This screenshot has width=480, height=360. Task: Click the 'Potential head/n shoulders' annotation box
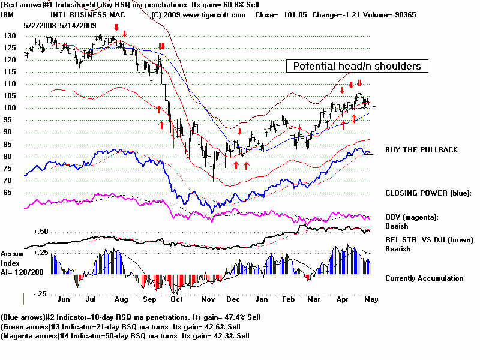point(357,67)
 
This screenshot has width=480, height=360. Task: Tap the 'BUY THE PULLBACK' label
point(421,149)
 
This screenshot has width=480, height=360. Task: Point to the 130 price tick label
point(8,36)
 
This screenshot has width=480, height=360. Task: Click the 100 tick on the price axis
point(8,108)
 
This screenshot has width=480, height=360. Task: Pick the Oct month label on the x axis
point(176,299)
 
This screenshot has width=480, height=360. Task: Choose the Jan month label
point(262,299)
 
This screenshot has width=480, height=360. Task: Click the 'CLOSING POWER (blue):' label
point(428,193)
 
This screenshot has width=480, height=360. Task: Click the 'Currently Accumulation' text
point(424,278)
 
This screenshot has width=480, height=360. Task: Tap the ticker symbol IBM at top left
point(8,14)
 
